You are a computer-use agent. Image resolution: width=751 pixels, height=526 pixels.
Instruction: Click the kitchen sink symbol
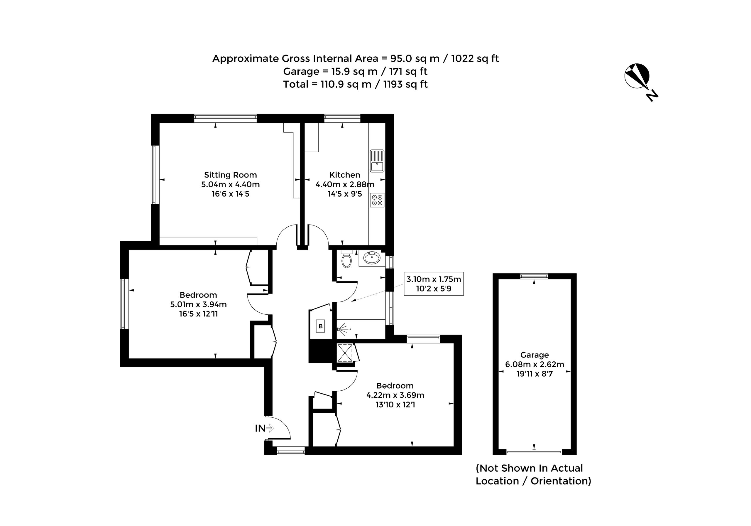[377, 161]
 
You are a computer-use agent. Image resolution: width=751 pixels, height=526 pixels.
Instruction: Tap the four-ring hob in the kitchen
[377, 200]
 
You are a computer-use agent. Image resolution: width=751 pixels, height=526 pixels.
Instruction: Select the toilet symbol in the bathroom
[346, 259]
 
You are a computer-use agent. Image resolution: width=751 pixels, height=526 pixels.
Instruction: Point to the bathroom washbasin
[372, 258]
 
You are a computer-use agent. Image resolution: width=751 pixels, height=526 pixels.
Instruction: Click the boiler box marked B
[321, 326]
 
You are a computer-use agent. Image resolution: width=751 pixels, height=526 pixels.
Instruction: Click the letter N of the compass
[652, 96]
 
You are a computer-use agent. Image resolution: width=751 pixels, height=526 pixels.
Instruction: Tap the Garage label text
[535, 355]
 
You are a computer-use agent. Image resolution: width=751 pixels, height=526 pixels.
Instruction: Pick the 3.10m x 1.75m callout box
[434, 284]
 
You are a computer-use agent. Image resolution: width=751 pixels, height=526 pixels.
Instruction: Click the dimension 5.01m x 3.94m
[198, 304]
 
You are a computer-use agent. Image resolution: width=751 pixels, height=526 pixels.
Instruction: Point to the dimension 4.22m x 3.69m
[395, 395]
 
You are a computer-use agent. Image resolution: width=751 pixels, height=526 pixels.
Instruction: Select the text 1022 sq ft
[475, 59]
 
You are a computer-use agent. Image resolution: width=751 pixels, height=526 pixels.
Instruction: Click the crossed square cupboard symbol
[345, 353]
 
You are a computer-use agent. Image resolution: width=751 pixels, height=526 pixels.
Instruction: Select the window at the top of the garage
[534, 276]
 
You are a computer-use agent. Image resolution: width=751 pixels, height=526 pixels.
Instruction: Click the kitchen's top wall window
[342, 118]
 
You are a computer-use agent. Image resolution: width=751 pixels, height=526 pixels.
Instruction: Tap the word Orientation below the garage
[561, 481]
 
